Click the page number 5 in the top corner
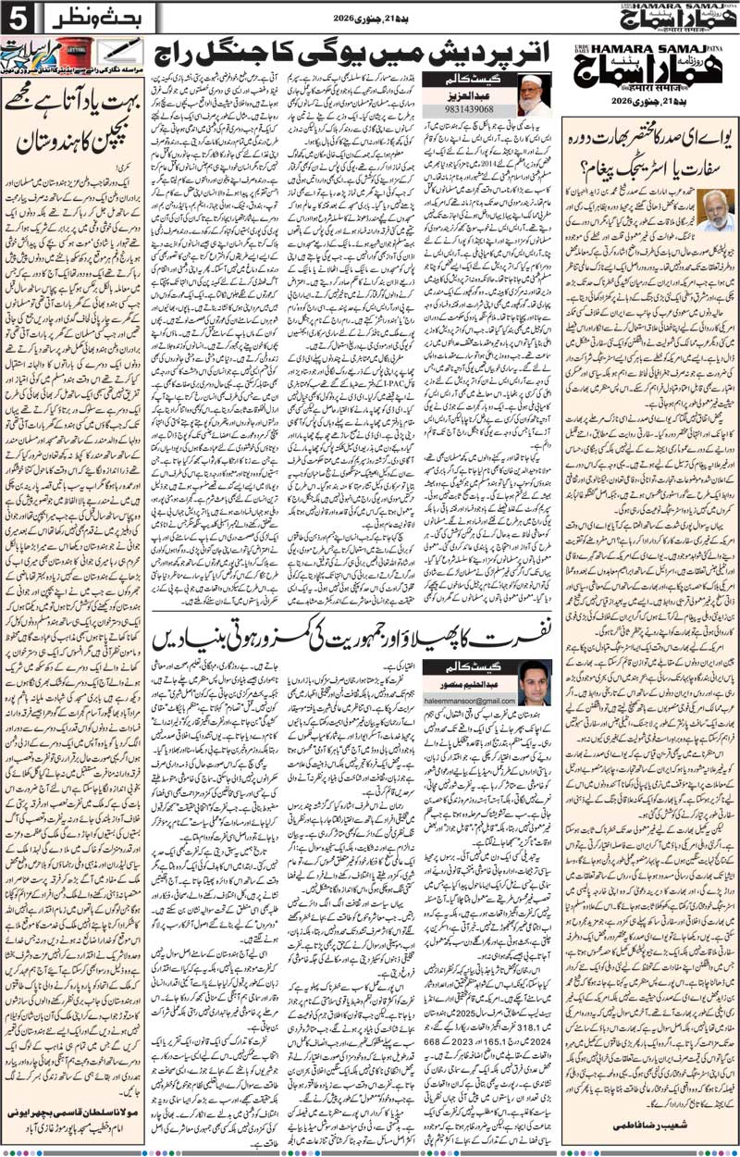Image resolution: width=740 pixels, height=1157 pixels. point(15,17)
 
